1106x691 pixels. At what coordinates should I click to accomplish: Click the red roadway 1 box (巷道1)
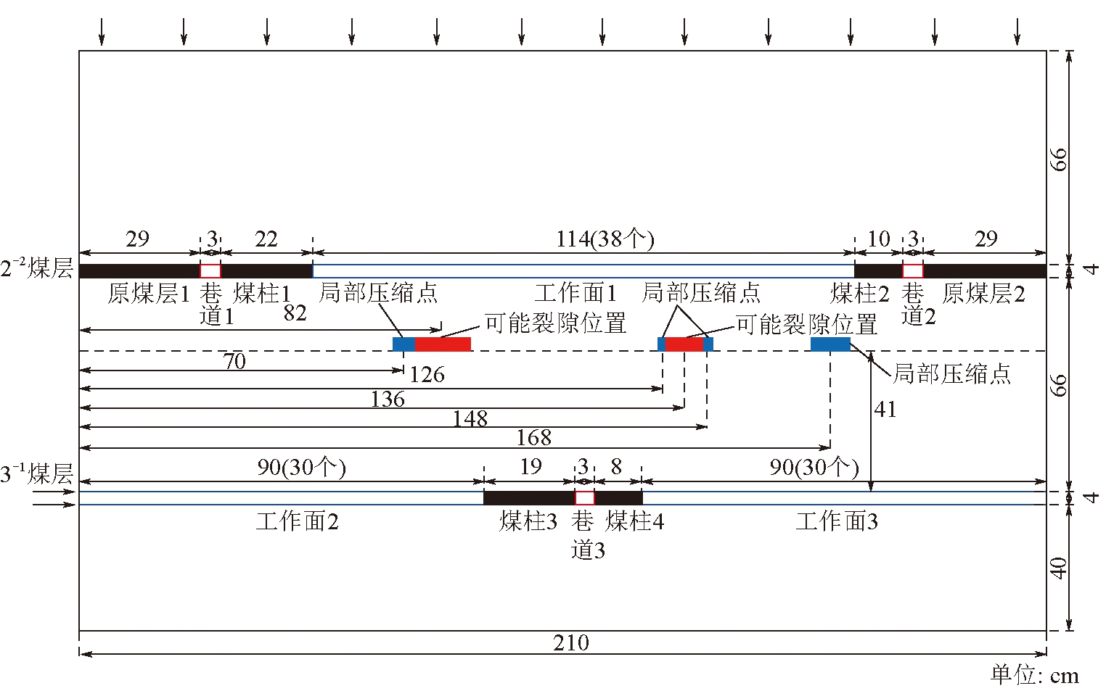[x=210, y=271]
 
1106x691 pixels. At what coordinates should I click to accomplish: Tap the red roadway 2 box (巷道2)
[x=913, y=271]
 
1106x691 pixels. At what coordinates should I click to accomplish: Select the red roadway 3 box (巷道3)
[x=585, y=497]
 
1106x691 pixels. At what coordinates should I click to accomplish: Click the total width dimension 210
[x=571, y=642]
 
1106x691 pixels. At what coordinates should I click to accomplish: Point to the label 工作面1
[x=575, y=294]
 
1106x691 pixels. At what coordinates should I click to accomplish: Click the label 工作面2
[x=298, y=521]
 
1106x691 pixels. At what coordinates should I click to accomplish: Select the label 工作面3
[x=837, y=521]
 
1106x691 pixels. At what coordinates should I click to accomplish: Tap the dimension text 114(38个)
[x=605, y=239]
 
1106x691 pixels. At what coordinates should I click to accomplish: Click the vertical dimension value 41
[x=885, y=410]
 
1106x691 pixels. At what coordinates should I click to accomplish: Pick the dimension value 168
[x=534, y=438]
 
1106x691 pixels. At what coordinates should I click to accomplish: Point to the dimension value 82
[x=295, y=313]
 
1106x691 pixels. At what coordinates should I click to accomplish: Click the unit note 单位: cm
[x=1035, y=675]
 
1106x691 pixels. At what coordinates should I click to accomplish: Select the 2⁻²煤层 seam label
[x=36, y=269]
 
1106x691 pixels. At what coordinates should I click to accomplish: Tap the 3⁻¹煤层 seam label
[x=36, y=475]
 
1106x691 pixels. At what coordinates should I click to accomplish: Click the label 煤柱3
[x=528, y=521]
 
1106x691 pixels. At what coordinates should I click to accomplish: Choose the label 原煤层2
[x=983, y=294]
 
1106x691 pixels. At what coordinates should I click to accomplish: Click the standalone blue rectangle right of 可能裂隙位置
[x=830, y=344]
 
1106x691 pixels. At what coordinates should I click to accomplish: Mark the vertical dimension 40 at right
[x=1059, y=568]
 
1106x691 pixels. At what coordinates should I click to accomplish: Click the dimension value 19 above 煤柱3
[x=531, y=467]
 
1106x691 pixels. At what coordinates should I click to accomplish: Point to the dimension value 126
[x=427, y=375]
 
